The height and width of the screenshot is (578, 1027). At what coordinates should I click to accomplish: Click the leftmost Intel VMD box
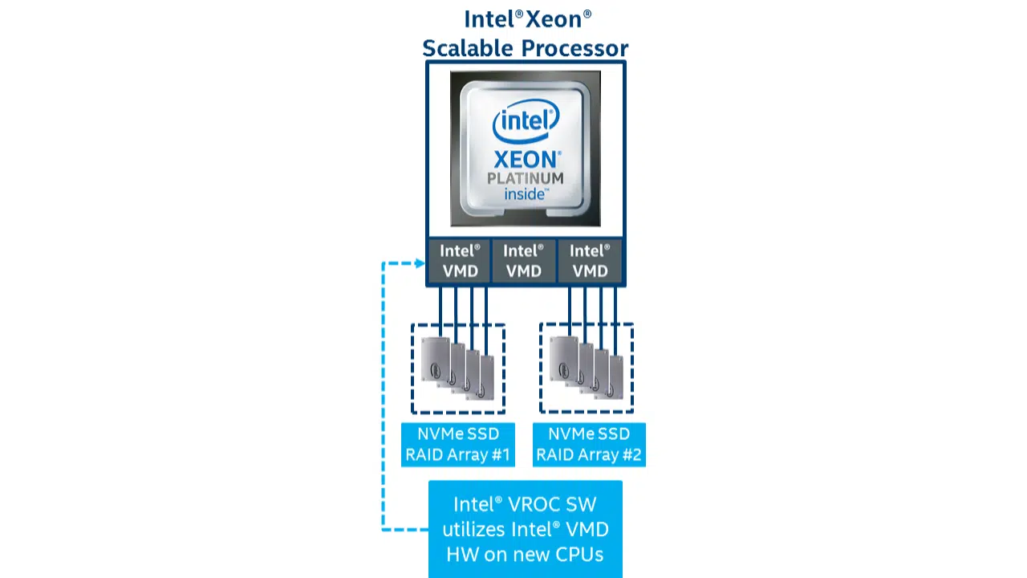(x=460, y=261)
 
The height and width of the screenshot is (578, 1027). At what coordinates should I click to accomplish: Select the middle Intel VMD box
(x=524, y=261)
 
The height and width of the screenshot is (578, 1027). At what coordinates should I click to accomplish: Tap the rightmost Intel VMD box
(x=590, y=261)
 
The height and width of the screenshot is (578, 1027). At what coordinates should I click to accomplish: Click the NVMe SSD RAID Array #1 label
(x=457, y=444)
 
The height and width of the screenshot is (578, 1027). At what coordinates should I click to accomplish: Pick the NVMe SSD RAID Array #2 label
(x=589, y=444)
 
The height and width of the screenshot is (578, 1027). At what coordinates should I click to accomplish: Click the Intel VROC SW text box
(x=526, y=529)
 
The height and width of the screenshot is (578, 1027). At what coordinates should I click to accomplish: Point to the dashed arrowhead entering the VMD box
(x=420, y=263)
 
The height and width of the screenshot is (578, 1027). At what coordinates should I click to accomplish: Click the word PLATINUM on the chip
(x=526, y=178)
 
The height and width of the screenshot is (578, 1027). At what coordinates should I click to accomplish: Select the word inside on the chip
(x=526, y=194)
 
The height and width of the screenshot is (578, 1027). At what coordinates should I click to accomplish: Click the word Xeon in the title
(x=558, y=18)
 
